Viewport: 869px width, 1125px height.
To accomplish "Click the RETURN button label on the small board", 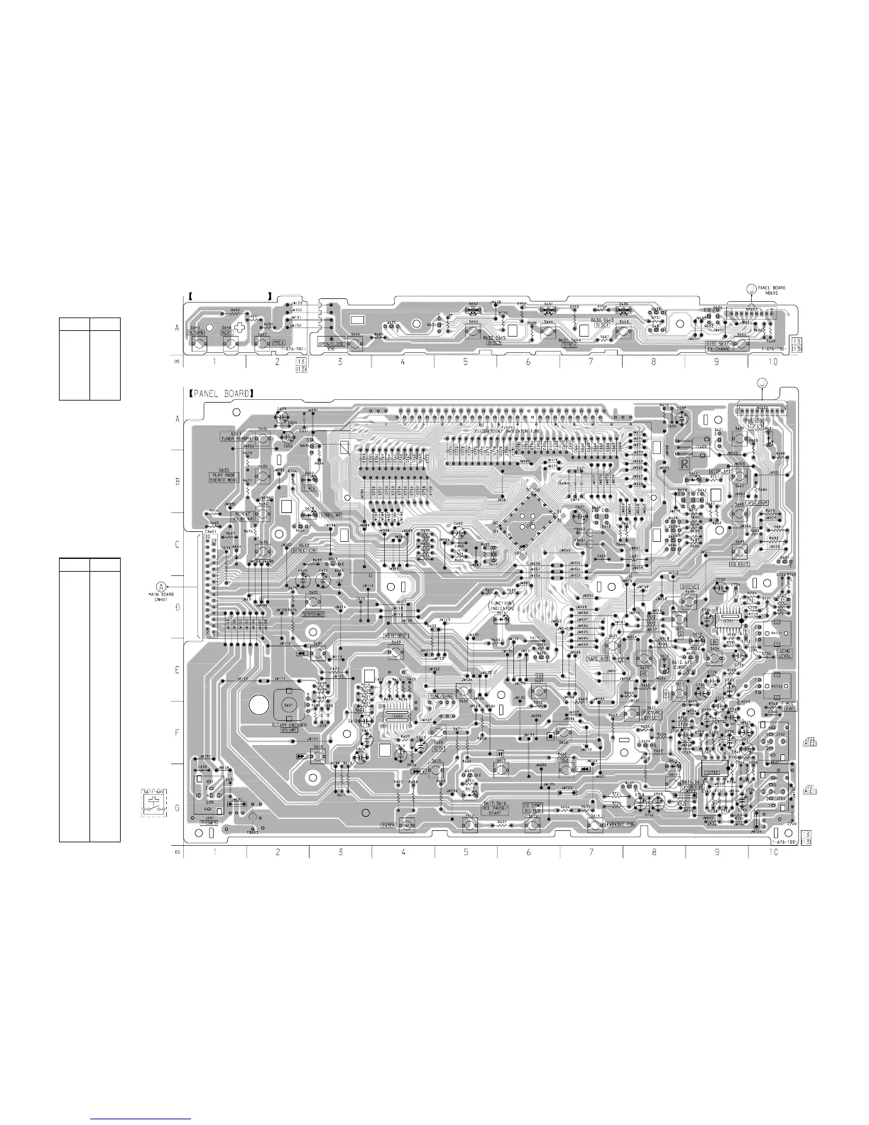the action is click(196, 332).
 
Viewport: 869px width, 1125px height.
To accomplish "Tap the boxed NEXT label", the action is click(228, 332).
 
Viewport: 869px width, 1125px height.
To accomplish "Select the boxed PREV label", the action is click(278, 342).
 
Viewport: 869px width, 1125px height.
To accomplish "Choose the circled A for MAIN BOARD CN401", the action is click(161, 586).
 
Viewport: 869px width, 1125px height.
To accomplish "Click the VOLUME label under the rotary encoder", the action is click(287, 727).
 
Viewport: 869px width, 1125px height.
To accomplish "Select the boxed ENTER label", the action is click(388, 825).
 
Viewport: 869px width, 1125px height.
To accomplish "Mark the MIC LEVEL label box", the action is click(791, 707).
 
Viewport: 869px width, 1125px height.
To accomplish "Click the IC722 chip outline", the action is click(730, 621).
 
